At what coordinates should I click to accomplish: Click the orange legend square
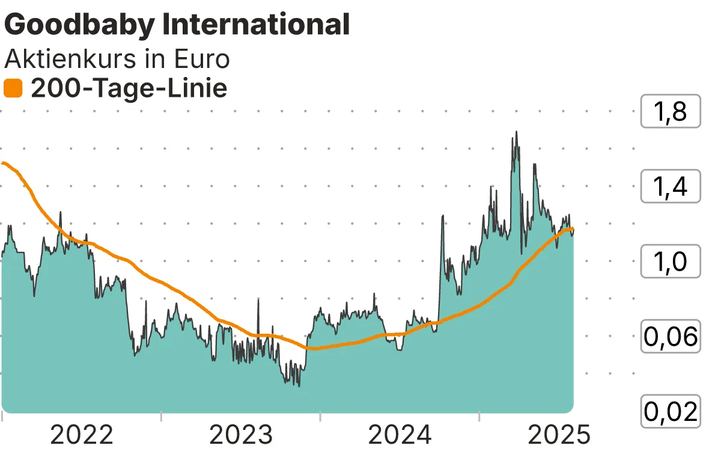[x=13, y=89]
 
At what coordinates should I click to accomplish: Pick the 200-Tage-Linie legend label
[x=129, y=89]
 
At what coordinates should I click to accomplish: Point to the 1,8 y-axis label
[x=671, y=112]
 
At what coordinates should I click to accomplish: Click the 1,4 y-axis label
[x=671, y=186]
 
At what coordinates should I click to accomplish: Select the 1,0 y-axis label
[x=671, y=262]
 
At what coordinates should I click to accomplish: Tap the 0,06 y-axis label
[x=671, y=337]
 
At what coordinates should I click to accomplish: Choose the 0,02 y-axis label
[x=671, y=412]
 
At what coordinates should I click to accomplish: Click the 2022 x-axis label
[x=82, y=434]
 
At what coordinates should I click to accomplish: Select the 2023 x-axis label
[x=240, y=434]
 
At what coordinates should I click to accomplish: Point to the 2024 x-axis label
[x=400, y=434]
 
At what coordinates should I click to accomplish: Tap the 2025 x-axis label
[x=559, y=434]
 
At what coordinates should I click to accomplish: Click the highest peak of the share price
[x=516, y=132]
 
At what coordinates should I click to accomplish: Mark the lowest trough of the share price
[x=299, y=385]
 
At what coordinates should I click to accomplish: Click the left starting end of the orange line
[x=3, y=162]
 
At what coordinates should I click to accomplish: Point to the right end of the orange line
[x=573, y=228]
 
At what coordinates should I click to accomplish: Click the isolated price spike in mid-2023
[x=258, y=299]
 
